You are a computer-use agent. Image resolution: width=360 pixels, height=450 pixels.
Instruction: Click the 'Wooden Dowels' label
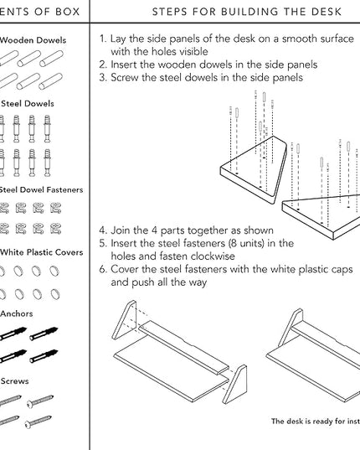coord(33,40)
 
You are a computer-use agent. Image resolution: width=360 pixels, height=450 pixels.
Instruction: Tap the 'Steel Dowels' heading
coord(28,104)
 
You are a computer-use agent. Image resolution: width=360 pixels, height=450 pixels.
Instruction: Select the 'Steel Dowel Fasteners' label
coord(41,189)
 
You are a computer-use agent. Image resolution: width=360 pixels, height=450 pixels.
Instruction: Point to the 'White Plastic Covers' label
coord(42,252)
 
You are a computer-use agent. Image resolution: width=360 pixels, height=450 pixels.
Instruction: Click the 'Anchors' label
coord(17,313)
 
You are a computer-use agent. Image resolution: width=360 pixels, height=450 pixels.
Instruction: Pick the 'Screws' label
coord(14,381)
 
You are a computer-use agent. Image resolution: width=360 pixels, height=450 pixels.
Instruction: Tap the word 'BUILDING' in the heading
coord(249,12)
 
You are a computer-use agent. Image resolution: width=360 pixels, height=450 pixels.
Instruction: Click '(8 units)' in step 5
coord(246,243)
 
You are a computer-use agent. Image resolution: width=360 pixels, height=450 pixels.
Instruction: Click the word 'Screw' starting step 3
coord(125,77)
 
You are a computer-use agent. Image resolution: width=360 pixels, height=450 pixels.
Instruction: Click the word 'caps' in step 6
coord(342,270)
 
